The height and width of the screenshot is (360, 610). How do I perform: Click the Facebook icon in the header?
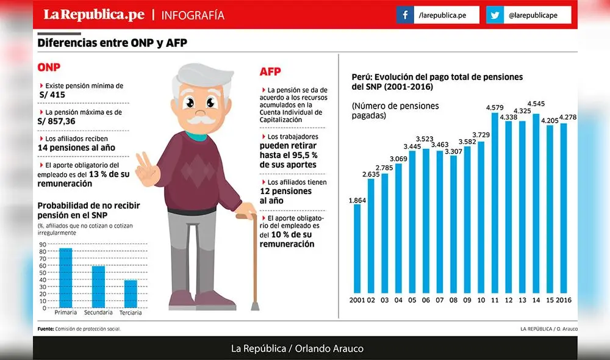(404, 15)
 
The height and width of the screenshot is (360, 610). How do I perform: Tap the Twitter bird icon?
(495, 15)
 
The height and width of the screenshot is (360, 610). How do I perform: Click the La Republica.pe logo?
(93, 15)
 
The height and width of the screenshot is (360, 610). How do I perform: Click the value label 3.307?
(453, 151)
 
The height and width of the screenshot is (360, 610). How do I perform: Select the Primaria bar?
(65, 278)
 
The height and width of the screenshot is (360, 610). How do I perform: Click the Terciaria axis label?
(131, 312)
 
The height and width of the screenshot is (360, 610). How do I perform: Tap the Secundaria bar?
(98, 286)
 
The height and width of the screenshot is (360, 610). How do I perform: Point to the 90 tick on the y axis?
(43, 244)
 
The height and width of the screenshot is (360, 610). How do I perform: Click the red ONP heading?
(49, 67)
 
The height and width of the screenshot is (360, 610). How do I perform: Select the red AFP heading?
(270, 72)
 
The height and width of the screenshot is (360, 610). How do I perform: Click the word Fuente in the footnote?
(46, 329)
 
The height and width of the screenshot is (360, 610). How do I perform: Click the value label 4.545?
(537, 103)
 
